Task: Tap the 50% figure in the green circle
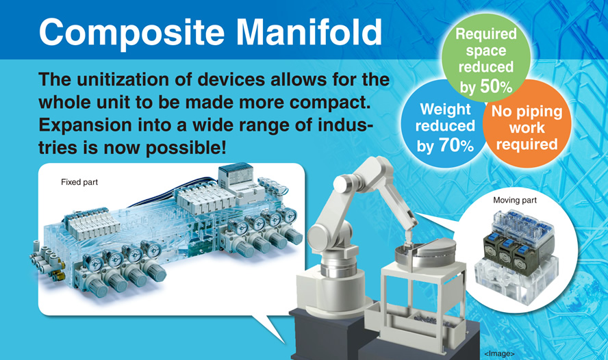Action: (496, 86)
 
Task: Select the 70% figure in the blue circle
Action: (457, 145)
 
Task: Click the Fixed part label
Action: (79, 182)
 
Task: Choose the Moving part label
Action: (515, 201)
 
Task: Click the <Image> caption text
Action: (499, 353)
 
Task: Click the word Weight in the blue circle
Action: (445, 110)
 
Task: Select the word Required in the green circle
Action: (486, 34)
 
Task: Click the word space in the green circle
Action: (486, 51)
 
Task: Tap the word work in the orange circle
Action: (527, 128)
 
